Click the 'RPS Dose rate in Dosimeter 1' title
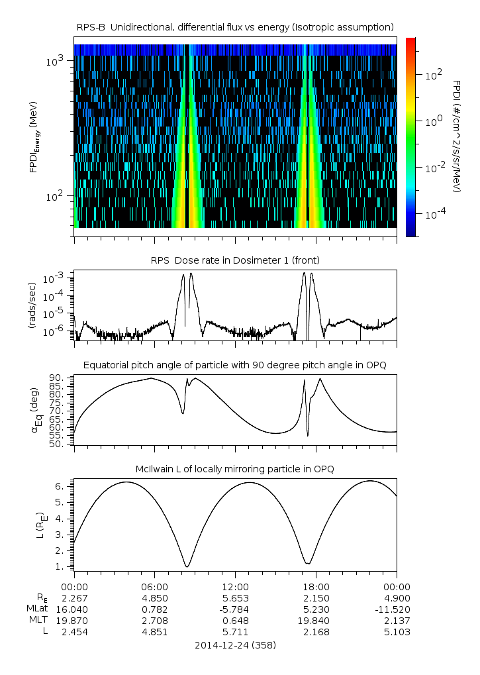click(x=235, y=260)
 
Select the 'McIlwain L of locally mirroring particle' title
click(x=235, y=469)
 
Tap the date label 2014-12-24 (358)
click(x=235, y=645)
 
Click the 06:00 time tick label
click(x=154, y=586)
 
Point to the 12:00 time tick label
click(x=235, y=586)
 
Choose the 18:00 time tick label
click(x=316, y=586)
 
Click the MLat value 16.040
click(x=74, y=609)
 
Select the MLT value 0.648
click(x=235, y=621)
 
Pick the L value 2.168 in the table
click(x=316, y=632)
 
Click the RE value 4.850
click(x=154, y=597)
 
